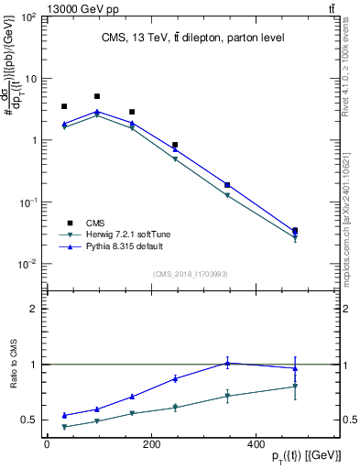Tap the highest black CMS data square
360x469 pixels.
coord(97,96)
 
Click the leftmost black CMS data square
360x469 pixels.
coord(64,106)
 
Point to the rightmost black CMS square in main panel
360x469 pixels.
coord(320,231)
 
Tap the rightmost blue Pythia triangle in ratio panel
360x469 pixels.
coord(320,368)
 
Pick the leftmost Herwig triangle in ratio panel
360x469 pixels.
coord(64,427)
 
